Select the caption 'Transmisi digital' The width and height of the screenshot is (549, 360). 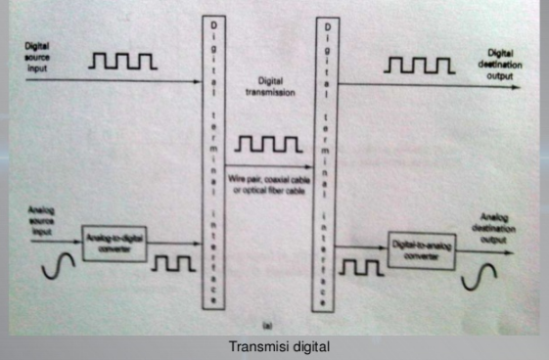click(x=274, y=346)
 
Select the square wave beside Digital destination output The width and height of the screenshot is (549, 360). click(x=419, y=66)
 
